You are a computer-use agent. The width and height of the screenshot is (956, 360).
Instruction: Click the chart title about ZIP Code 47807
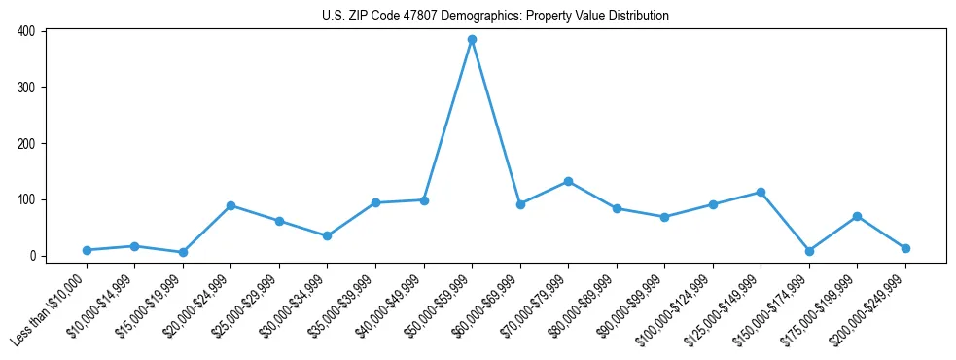(495, 17)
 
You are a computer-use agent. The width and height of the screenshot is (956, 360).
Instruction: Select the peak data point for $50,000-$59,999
(472, 40)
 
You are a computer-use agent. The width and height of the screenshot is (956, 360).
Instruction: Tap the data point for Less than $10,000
(87, 250)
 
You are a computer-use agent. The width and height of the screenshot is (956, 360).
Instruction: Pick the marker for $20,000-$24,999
(231, 205)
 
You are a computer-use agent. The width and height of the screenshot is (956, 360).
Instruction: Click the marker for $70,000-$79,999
(568, 181)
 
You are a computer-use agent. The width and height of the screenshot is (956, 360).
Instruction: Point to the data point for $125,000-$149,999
(761, 192)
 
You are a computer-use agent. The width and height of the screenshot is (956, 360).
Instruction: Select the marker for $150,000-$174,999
(809, 251)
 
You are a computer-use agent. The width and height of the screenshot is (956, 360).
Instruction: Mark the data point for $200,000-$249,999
(905, 248)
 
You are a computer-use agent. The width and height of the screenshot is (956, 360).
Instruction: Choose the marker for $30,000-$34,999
(328, 235)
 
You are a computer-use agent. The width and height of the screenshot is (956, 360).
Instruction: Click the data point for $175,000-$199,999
(857, 216)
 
